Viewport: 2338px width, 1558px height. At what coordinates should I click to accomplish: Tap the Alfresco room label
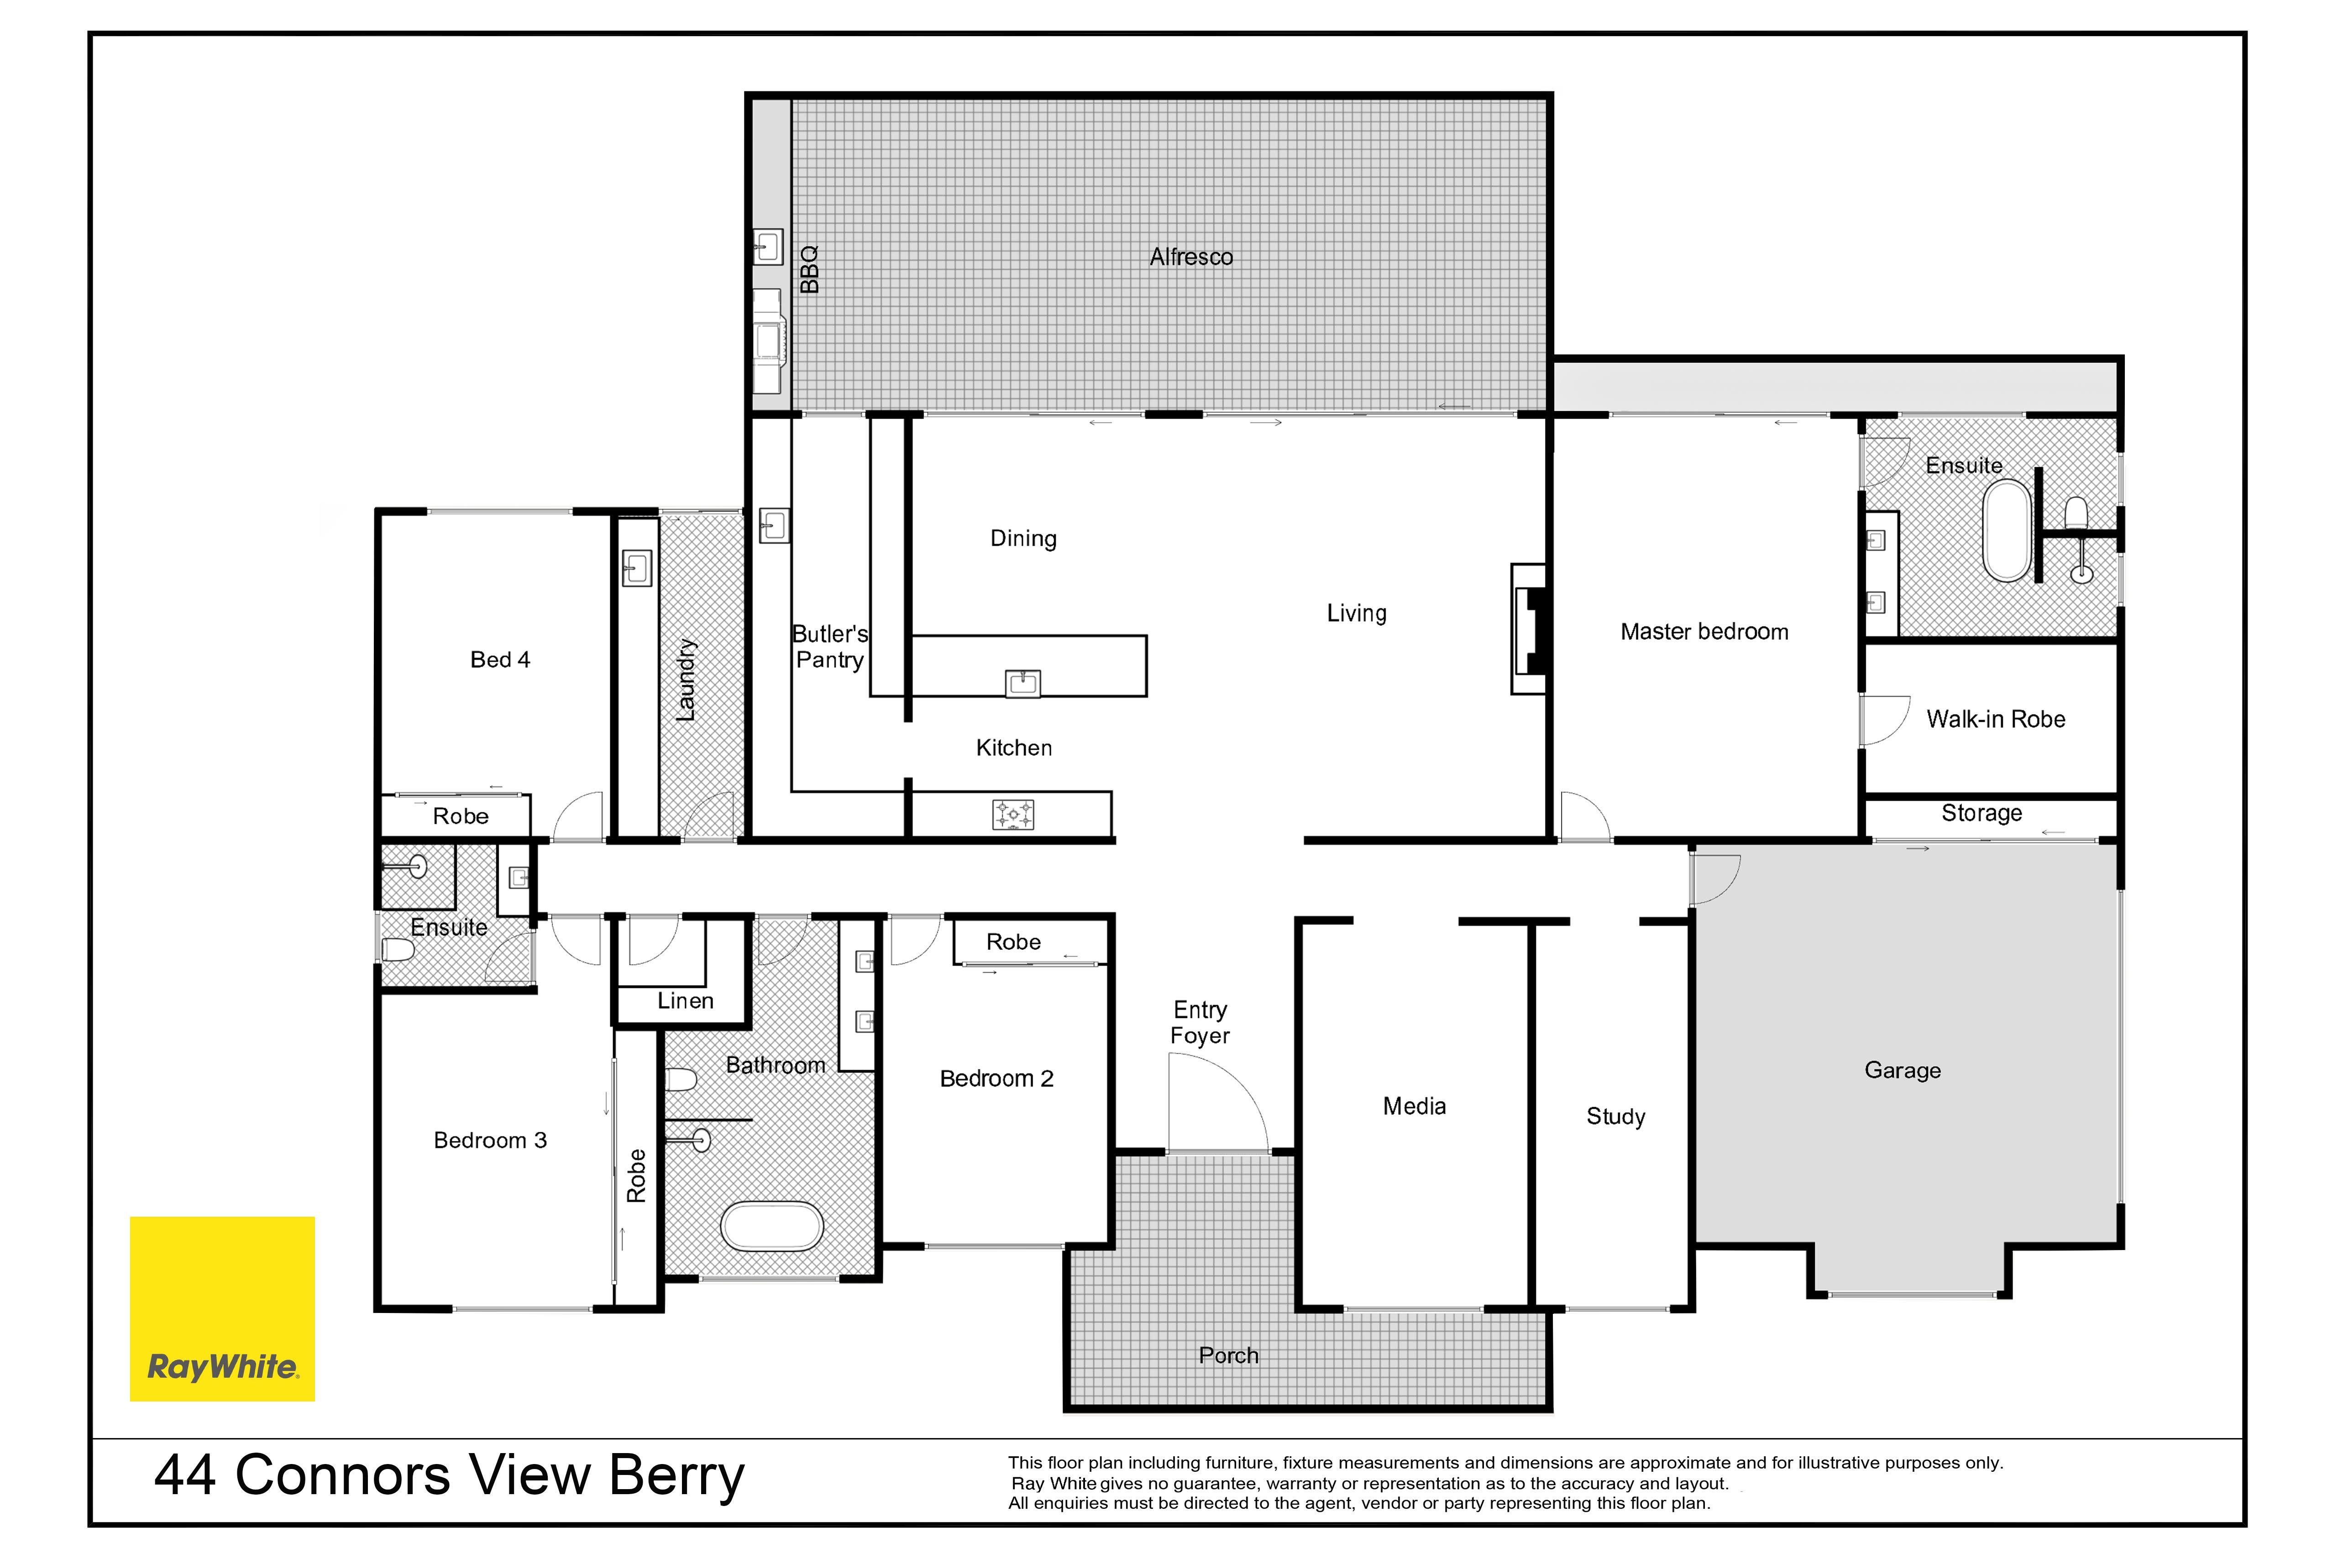1191,257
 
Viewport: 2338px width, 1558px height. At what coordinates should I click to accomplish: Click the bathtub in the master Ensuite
2007,531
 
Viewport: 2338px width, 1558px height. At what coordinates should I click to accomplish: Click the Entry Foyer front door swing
1218,1103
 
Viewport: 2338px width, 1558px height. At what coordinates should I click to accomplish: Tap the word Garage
1902,1070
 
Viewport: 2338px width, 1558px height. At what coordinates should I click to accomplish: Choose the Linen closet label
685,1000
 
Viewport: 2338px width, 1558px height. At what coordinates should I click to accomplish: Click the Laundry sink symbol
636,568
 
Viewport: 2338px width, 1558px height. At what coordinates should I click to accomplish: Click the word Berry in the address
676,1476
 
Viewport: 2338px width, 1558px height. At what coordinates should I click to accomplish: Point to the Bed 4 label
500,660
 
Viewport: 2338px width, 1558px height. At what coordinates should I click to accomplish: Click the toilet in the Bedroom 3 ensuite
398,950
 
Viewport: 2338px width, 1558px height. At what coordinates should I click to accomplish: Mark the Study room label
1615,1117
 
